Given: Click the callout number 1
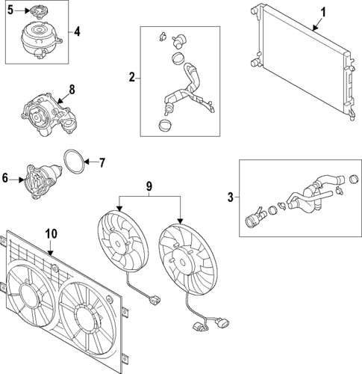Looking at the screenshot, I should pyautogui.click(x=323, y=12).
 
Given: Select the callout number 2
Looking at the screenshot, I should pyautogui.click(x=132, y=77).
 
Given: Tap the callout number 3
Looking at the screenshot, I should pyautogui.click(x=231, y=197).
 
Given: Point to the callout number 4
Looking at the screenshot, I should pyautogui.click(x=77, y=32).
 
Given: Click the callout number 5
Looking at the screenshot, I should pyautogui.click(x=10, y=10).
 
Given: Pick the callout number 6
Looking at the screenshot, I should pyautogui.click(x=6, y=179).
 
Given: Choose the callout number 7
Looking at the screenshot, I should pyautogui.click(x=103, y=162).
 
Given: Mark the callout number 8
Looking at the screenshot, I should pyautogui.click(x=72, y=90).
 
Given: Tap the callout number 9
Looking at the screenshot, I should pyautogui.click(x=149, y=185).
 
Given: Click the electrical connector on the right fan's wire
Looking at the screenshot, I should pyautogui.click(x=200, y=326).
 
